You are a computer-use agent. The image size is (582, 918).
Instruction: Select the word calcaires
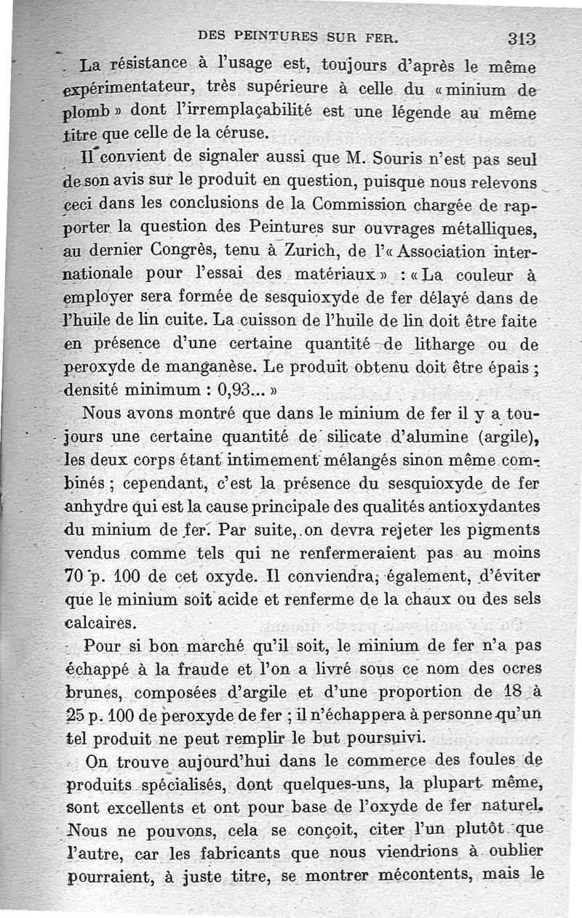[100, 623]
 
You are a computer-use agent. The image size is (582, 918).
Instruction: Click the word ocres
[522, 668]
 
